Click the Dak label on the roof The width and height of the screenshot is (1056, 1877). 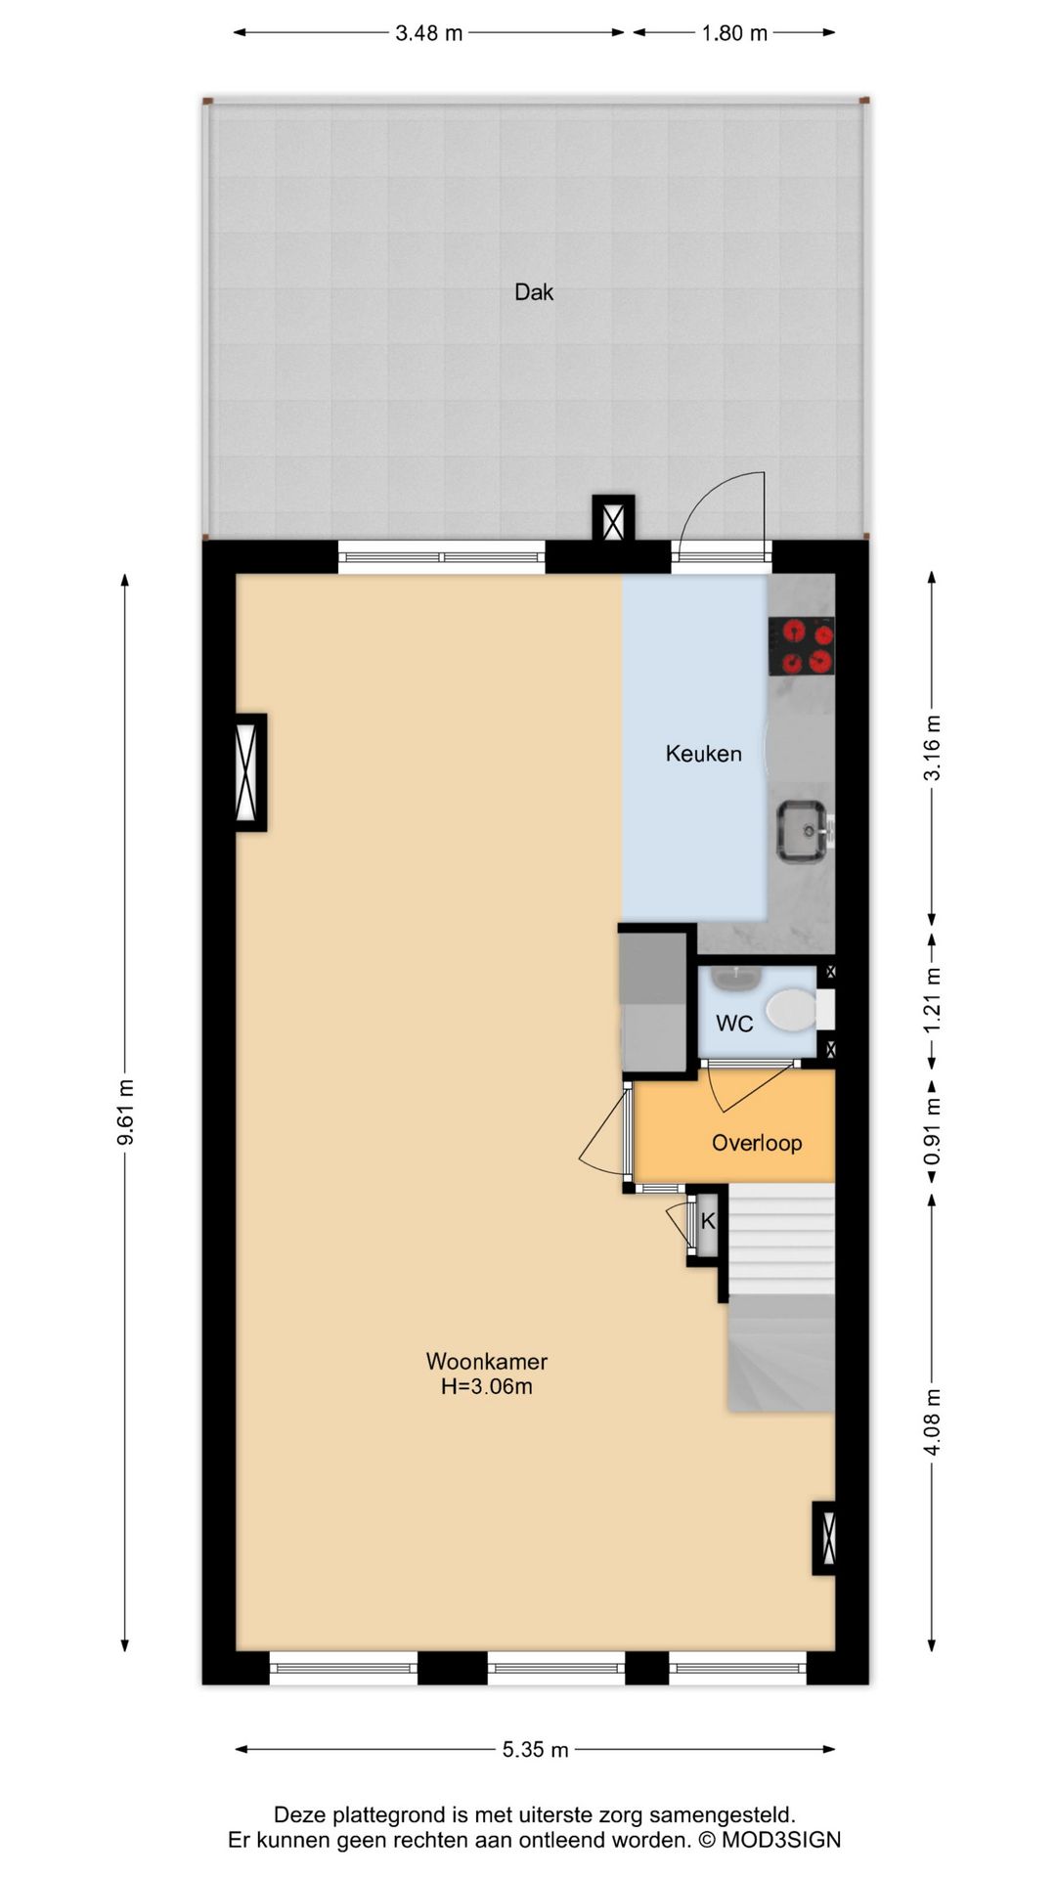pyautogui.click(x=534, y=292)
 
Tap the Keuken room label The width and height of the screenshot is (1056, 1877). pyautogui.click(x=704, y=754)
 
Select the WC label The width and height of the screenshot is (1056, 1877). pyautogui.click(x=734, y=1024)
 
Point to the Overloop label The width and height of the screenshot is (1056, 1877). pyautogui.click(x=757, y=1143)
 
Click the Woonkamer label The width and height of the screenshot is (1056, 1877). pyautogui.click(x=487, y=1361)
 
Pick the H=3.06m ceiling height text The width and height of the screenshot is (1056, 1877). pyautogui.click(x=487, y=1386)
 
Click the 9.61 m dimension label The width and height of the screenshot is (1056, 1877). pyautogui.click(x=125, y=1113)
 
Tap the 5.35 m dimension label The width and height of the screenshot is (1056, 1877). pyautogui.click(x=535, y=1750)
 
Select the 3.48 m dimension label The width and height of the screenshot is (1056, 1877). pyautogui.click(x=428, y=33)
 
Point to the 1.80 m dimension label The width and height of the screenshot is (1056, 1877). pyautogui.click(x=734, y=33)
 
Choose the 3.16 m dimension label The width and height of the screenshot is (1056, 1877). pyautogui.click(x=932, y=748)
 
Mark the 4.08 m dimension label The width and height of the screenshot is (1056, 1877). pyautogui.click(x=932, y=1422)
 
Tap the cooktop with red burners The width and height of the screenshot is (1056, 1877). pyautogui.click(x=802, y=646)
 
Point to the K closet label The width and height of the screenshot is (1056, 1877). pyautogui.click(x=708, y=1221)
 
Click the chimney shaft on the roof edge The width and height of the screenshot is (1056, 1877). pyautogui.click(x=613, y=519)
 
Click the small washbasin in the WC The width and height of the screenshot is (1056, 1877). pyautogui.click(x=737, y=976)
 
